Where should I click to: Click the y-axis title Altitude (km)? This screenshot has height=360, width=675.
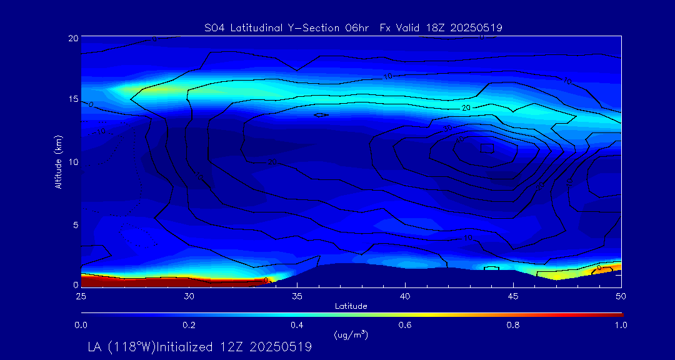[58, 162]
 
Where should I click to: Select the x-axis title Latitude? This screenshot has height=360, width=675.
[351, 306]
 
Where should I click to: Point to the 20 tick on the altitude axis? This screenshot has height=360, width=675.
[73, 38]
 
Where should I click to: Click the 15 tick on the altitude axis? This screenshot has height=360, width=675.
[73, 100]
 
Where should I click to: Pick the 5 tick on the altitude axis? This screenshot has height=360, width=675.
[75, 224]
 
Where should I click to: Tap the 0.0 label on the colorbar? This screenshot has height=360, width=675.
[81, 325]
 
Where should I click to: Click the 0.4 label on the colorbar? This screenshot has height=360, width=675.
[297, 325]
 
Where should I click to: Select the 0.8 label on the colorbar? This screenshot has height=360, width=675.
[513, 325]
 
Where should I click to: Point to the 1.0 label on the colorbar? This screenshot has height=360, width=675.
[621, 325]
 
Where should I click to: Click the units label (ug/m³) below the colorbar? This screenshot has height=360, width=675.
[351, 335]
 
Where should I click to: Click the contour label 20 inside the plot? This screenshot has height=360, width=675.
[466, 108]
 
